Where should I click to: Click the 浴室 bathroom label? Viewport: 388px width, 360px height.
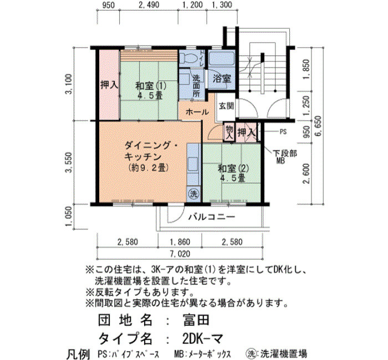point(222,79)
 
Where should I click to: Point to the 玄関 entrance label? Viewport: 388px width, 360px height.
point(226,106)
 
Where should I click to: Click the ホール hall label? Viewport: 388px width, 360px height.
point(197,112)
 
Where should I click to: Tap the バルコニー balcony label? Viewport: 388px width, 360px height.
point(212,217)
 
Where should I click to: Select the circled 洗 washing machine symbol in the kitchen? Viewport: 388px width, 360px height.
point(194,194)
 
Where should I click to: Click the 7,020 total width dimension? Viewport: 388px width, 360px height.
point(180,254)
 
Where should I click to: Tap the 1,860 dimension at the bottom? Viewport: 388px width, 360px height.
point(180,241)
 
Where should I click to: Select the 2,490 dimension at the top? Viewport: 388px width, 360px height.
point(149,4)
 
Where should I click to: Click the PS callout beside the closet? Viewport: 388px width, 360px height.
point(283,132)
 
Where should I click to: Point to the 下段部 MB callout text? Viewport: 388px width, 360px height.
point(284,157)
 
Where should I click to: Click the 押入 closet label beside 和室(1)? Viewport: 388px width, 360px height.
point(109,85)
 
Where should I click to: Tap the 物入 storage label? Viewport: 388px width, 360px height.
point(229,132)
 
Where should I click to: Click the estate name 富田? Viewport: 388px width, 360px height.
point(196,320)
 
